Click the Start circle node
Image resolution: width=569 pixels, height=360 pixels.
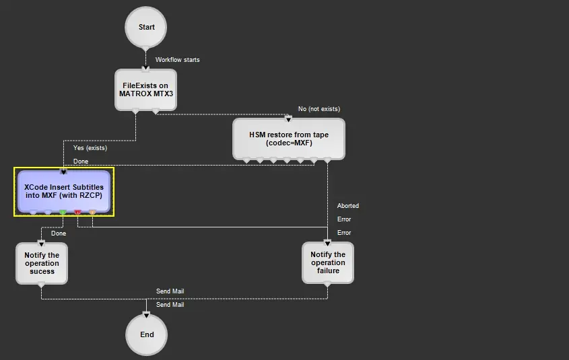[x=146, y=28]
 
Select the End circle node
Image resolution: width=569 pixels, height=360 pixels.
[x=146, y=334]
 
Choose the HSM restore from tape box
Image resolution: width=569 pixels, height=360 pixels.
[x=289, y=139]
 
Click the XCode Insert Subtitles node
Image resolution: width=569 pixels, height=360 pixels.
[x=64, y=190]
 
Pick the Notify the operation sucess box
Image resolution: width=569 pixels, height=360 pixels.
[x=42, y=263]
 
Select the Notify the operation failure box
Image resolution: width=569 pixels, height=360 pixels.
[x=328, y=262]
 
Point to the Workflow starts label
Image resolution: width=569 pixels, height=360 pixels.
[x=177, y=60]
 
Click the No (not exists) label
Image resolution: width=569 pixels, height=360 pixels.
[x=319, y=109]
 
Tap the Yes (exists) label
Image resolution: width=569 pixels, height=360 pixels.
[x=90, y=147]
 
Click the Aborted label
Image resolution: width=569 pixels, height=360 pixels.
[x=348, y=206]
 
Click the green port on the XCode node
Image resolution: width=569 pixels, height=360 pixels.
[x=63, y=213]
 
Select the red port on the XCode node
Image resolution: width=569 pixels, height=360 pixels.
[x=77, y=213]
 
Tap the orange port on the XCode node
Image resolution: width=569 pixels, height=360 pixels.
[x=92, y=213]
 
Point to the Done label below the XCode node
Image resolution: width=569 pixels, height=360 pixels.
[x=59, y=233]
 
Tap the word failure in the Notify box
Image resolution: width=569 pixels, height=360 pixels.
[x=328, y=271]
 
